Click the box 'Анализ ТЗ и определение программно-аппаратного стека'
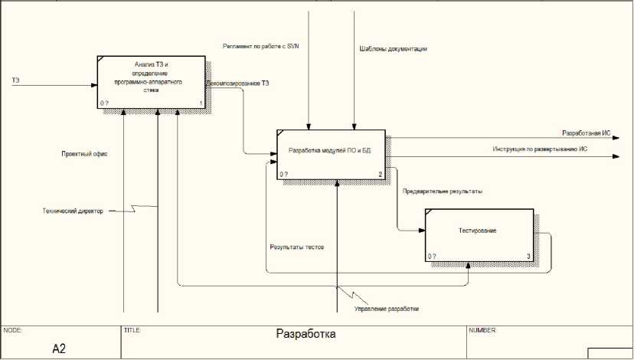(x=151, y=81)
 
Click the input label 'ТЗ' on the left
(x=15, y=80)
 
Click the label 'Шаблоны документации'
(x=393, y=48)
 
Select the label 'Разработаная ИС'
(x=586, y=133)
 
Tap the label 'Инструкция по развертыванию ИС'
(x=540, y=149)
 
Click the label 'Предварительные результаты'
(x=443, y=191)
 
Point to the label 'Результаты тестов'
(x=297, y=247)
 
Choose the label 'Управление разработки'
(x=387, y=309)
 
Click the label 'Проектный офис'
(x=84, y=154)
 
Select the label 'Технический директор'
(x=74, y=209)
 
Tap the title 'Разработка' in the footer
(x=306, y=334)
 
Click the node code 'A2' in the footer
(x=60, y=349)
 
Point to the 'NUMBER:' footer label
(x=482, y=330)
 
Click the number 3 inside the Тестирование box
(x=527, y=256)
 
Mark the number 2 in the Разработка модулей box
(x=380, y=175)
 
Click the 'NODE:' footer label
(x=13, y=330)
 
